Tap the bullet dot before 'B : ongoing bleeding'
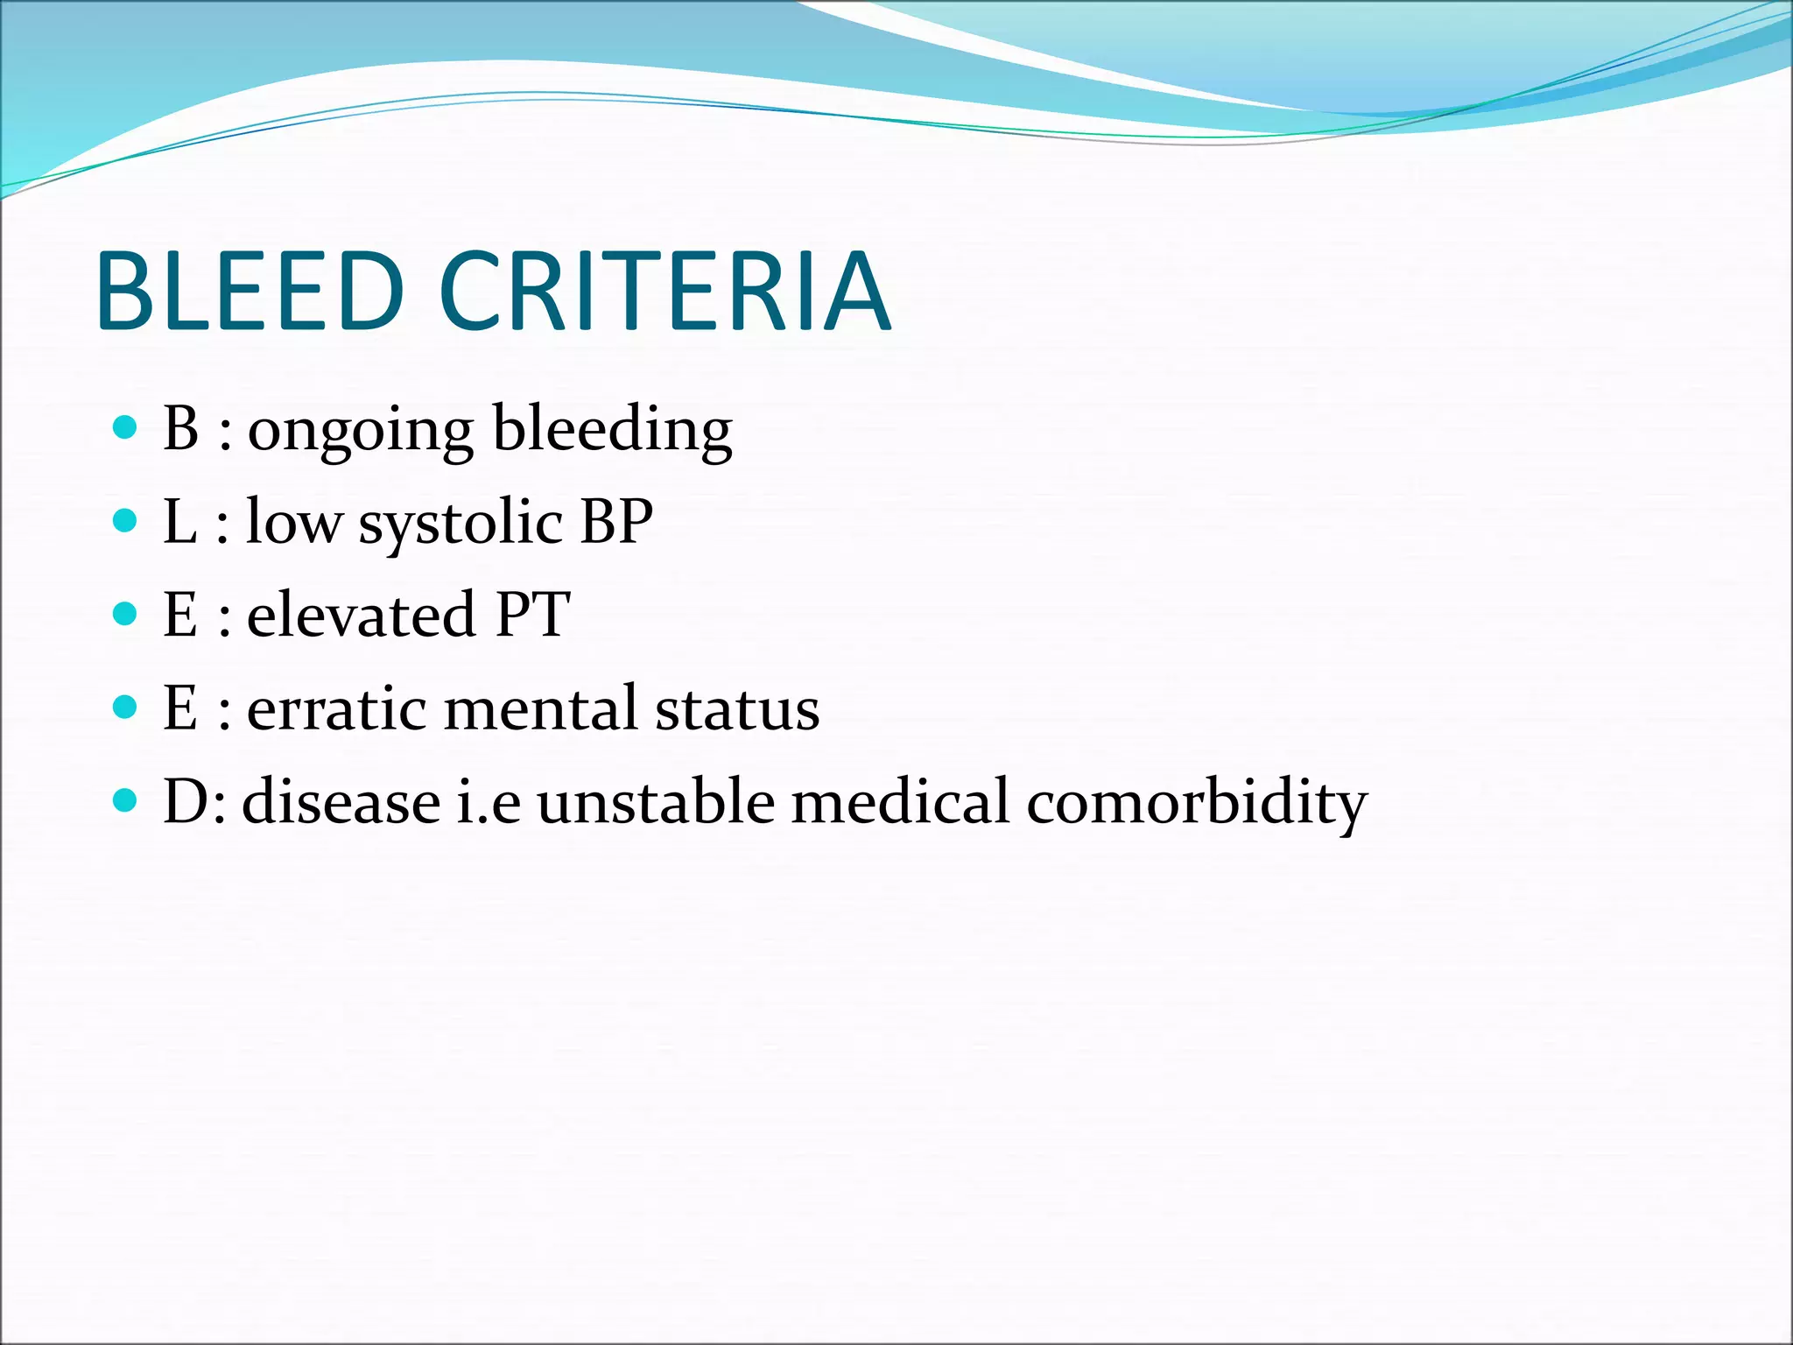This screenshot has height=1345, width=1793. (x=126, y=427)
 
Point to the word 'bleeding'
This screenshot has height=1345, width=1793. (x=612, y=431)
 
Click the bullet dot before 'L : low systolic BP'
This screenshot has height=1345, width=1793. (x=126, y=521)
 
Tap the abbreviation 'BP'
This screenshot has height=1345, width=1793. (x=616, y=522)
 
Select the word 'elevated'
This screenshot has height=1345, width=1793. (x=361, y=615)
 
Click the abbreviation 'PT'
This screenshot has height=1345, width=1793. (x=532, y=615)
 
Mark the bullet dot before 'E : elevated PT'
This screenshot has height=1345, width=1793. (x=126, y=614)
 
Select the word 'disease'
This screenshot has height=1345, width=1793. (x=341, y=802)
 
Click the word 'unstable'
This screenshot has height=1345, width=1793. (x=656, y=802)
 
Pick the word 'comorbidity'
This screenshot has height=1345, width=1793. (x=1196, y=804)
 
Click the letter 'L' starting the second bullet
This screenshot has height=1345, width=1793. (x=179, y=522)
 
